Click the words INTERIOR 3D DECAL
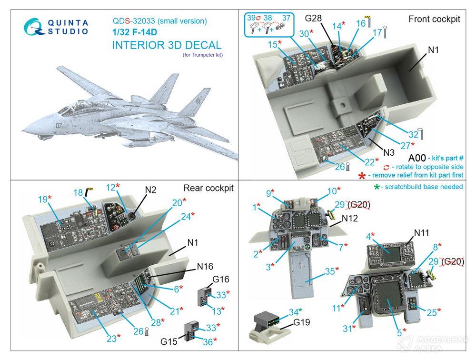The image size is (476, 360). [x=167, y=45]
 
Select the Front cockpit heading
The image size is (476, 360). [x=434, y=19]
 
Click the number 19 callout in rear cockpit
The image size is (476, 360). [x=42, y=198]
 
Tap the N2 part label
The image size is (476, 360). [x=151, y=189]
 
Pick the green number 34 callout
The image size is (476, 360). [x=294, y=312]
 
